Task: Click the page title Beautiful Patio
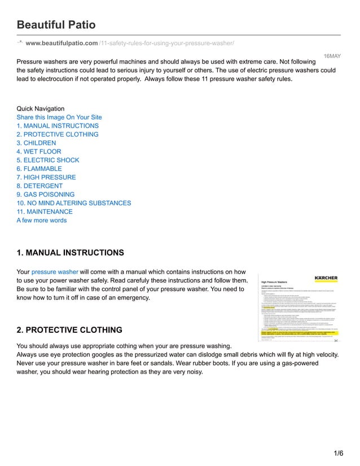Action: pos(56,25)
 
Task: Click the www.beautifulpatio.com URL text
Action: pos(62,43)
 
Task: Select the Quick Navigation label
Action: pos(41,109)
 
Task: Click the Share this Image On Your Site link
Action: pos(59,117)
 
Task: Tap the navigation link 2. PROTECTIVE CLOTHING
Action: pos(58,134)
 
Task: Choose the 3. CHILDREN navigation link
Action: pos(36,143)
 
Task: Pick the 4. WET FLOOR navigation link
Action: pos(39,152)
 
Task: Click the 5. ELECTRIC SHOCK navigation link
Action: pos(48,160)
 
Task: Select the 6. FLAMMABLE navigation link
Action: pos(39,169)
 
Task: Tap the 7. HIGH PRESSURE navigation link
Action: pos(46,177)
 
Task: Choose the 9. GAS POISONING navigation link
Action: pos(46,195)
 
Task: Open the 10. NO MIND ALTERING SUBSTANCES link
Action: pos(74,203)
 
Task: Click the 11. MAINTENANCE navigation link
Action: pos(45,212)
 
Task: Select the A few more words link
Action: pos(42,220)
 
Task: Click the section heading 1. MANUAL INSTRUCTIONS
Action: pos(71,252)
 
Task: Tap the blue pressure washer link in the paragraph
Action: pos(55,271)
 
